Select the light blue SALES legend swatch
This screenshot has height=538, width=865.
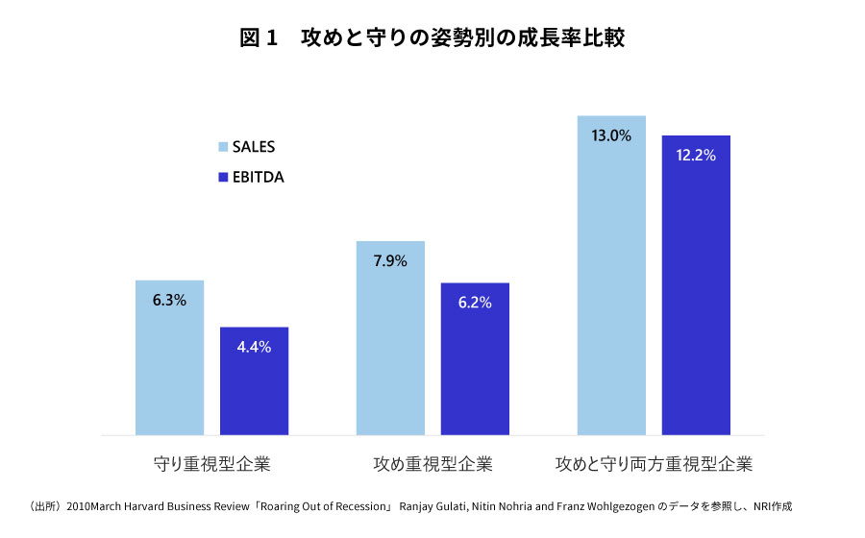[x=223, y=147]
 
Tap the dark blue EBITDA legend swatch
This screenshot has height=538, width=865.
[x=223, y=178]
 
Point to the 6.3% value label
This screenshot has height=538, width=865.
[x=169, y=300]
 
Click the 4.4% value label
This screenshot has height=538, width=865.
[x=254, y=347]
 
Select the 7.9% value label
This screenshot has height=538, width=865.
[x=390, y=260]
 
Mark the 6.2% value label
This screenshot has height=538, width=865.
[x=475, y=303]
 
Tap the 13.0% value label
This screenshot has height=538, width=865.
[x=611, y=135]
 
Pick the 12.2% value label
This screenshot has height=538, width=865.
[x=696, y=155]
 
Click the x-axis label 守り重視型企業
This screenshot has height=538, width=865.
[x=212, y=464]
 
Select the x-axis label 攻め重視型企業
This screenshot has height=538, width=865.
[x=432, y=464]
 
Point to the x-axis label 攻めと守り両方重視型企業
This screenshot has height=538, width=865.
[x=654, y=464]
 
